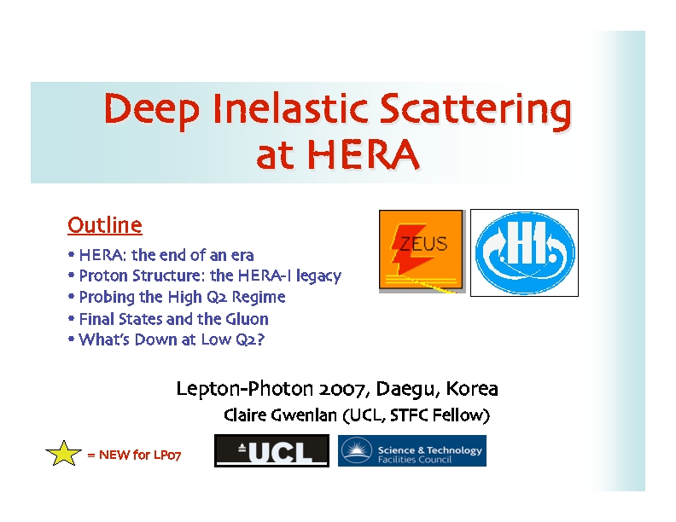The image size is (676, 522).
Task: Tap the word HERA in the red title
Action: (363, 154)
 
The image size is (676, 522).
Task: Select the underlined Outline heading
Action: (105, 225)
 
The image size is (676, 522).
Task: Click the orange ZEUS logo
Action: (421, 251)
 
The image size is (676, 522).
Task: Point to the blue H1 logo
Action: (524, 252)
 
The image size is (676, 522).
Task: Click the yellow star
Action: (63, 453)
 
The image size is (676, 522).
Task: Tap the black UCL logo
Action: (271, 450)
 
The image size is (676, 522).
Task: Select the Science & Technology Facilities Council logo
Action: (412, 450)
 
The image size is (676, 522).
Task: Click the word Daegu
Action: (407, 389)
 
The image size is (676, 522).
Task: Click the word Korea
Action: (472, 388)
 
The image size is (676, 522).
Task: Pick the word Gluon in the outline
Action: (247, 319)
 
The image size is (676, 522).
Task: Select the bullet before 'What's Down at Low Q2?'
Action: (71, 339)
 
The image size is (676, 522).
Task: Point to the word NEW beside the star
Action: (114, 455)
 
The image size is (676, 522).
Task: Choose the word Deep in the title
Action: (152, 110)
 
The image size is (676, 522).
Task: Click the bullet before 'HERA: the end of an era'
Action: (71, 255)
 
